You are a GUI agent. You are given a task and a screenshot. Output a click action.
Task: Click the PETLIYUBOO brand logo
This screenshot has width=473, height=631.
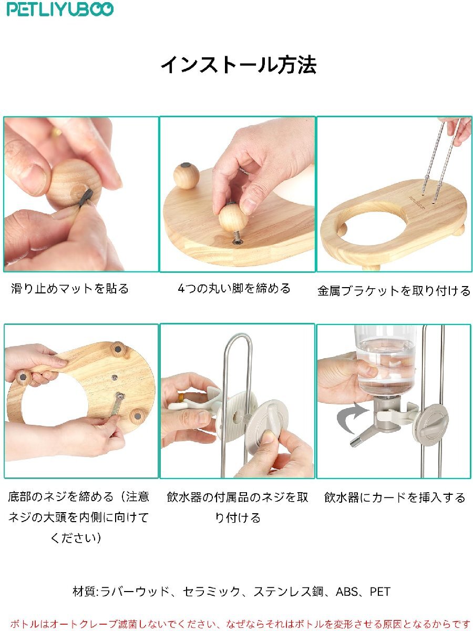click(x=60, y=9)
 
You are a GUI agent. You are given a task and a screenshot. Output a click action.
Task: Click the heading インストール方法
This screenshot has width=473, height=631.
click(x=239, y=65)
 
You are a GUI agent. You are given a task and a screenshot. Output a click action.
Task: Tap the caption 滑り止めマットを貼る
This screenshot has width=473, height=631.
click(x=70, y=288)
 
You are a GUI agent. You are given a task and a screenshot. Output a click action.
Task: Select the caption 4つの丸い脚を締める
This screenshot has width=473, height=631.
click(x=234, y=288)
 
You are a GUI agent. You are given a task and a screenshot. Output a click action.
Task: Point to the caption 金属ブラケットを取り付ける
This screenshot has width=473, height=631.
click(x=394, y=291)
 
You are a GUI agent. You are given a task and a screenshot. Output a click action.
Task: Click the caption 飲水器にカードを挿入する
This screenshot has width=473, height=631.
click(x=394, y=497)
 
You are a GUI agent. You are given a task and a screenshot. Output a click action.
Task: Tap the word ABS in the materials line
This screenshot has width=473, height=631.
click(x=347, y=592)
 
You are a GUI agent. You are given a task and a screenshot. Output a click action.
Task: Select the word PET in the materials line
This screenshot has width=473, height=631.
click(x=379, y=592)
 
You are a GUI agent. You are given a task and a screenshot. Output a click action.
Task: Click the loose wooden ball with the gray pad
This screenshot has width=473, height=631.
click(x=187, y=176)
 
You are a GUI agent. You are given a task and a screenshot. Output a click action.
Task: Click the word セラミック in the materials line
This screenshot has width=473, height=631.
click(x=211, y=592)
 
